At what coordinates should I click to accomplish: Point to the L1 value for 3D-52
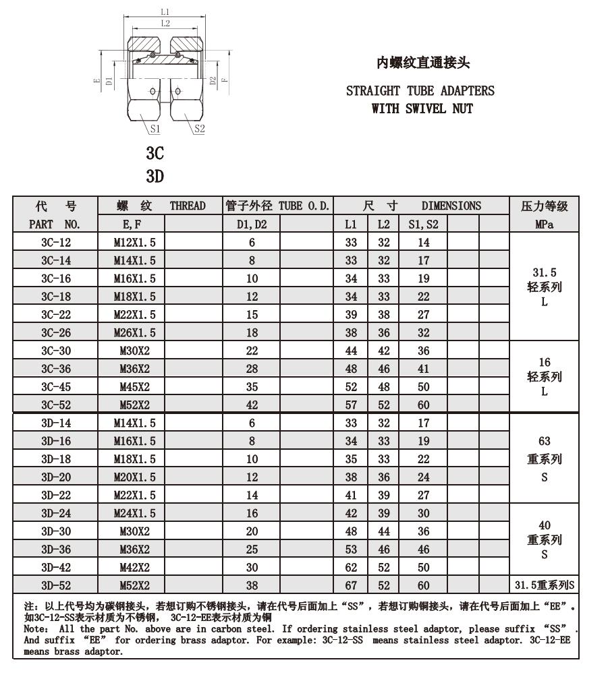click(351, 585)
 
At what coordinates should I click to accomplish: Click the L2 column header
click(383, 225)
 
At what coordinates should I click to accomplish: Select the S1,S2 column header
click(423, 225)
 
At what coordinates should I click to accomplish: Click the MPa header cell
click(544, 225)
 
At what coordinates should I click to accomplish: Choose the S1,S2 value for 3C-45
click(423, 387)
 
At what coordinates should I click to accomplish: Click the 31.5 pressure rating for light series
click(544, 272)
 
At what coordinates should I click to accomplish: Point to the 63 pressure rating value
click(544, 442)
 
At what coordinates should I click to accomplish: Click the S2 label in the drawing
click(199, 128)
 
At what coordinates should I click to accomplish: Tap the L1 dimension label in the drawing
click(165, 11)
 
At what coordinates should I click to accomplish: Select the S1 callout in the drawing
click(155, 128)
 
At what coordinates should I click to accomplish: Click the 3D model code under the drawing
click(155, 177)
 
